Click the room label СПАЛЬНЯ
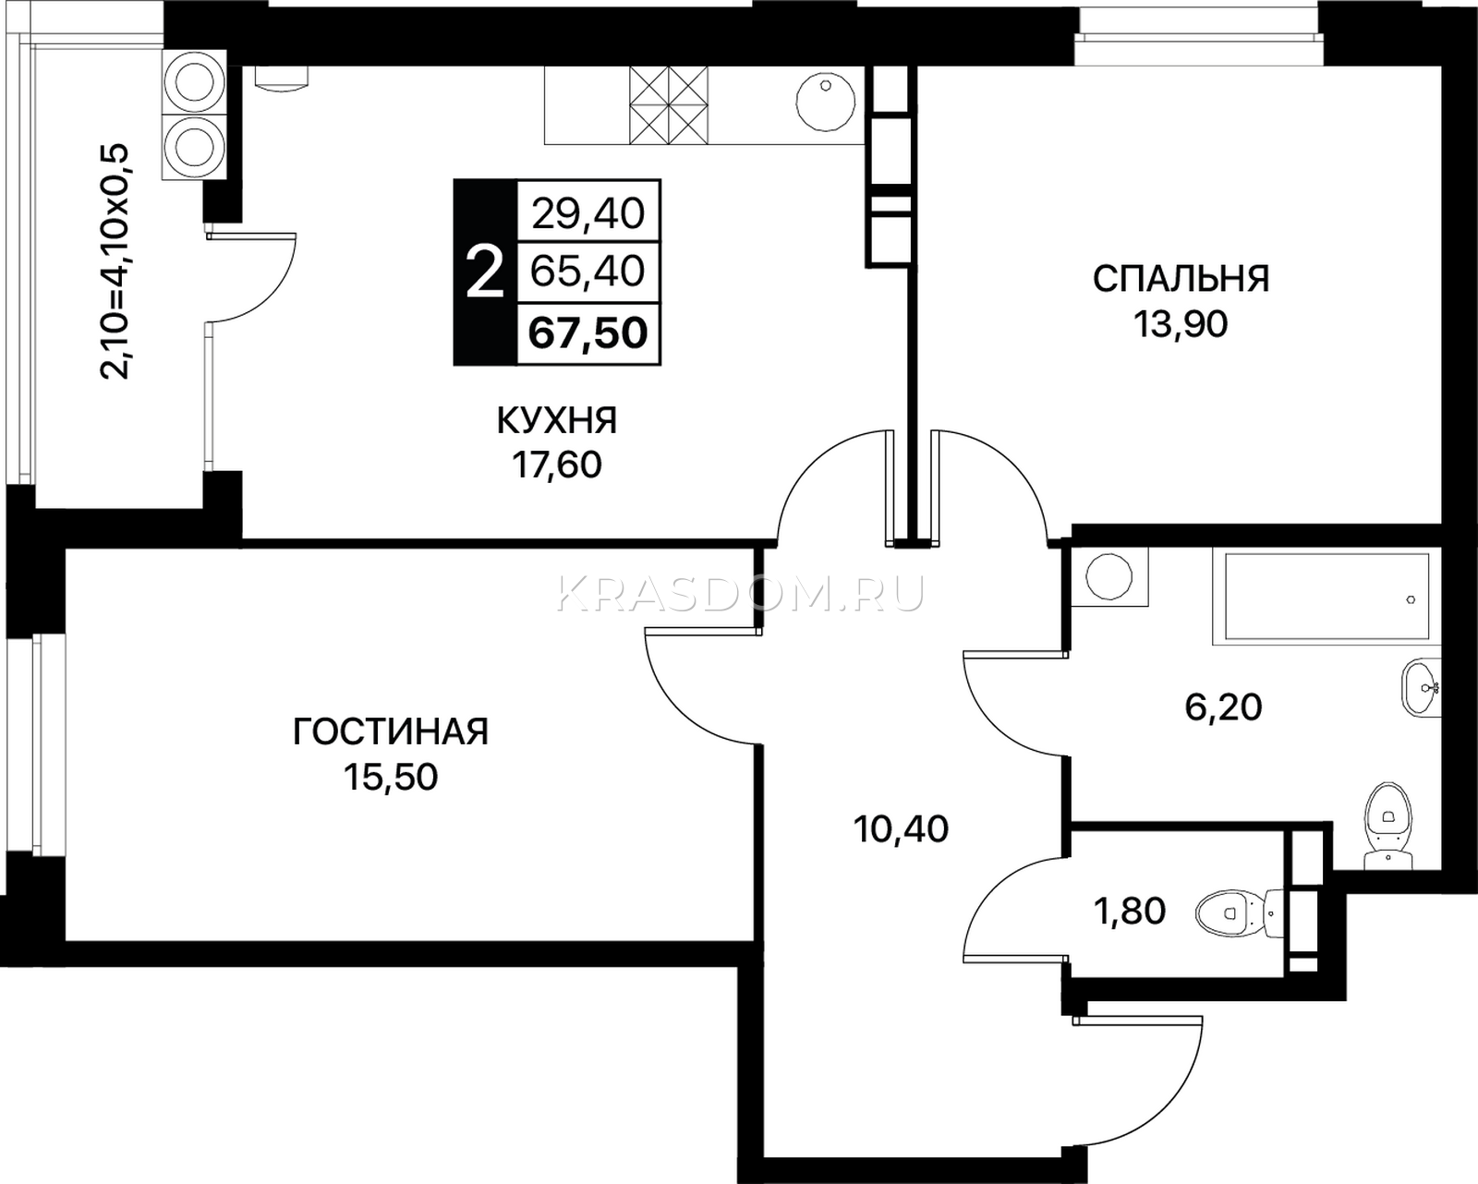(x=1181, y=280)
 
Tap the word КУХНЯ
(x=557, y=420)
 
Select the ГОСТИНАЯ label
(x=391, y=732)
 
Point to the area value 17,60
(x=556, y=465)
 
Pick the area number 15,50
(x=390, y=779)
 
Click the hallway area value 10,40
(x=901, y=829)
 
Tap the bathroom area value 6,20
(x=1224, y=708)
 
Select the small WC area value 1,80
(x=1130, y=912)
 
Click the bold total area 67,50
(x=588, y=333)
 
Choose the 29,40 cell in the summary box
(x=588, y=213)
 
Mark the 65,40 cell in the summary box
(x=588, y=272)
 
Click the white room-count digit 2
(x=485, y=272)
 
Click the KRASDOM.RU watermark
(x=740, y=593)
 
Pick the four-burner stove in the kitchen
(x=668, y=105)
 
